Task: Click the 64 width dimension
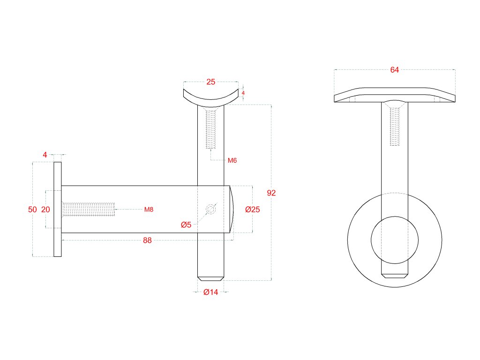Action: (x=394, y=70)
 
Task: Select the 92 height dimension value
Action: (x=271, y=193)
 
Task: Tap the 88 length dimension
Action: (x=147, y=240)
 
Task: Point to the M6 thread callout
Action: (x=232, y=160)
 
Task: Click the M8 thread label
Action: (x=149, y=210)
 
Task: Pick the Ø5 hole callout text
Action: (x=186, y=225)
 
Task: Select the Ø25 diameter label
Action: (x=252, y=210)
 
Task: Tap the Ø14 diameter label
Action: (x=211, y=292)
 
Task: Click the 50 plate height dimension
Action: (x=32, y=210)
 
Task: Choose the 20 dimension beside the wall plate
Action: (x=45, y=210)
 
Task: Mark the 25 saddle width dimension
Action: (x=210, y=82)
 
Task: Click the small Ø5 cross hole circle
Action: (x=211, y=210)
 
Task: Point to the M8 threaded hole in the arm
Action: (x=89, y=210)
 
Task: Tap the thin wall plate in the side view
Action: (x=57, y=210)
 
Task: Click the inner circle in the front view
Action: (x=395, y=240)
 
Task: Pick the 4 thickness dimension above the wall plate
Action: (x=45, y=154)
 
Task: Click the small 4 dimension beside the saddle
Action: (x=243, y=93)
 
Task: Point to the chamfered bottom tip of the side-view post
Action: (x=211, y=278)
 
